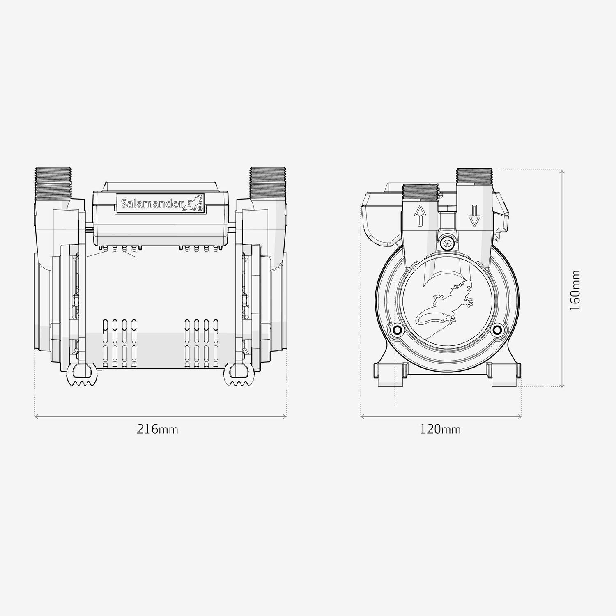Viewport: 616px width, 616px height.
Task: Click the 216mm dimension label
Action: pos(157,430)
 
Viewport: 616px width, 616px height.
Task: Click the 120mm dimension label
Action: pos(440,430)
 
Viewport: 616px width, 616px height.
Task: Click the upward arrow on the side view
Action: pos(420,215)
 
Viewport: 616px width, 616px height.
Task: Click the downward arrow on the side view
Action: pos(474,215)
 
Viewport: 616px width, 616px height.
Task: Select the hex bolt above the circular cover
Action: pos(447,243)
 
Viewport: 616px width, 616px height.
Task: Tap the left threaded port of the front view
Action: pos(54,183)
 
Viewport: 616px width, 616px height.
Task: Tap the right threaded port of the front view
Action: pos(268,183)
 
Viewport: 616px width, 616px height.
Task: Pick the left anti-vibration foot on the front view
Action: pos(81,375)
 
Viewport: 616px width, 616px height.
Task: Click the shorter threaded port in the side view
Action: pos(420,192)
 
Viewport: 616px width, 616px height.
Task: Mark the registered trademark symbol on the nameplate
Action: pos(200,209)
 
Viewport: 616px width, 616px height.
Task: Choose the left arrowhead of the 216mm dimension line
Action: pos(37,417)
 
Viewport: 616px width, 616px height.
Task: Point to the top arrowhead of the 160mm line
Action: pos(562,171)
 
